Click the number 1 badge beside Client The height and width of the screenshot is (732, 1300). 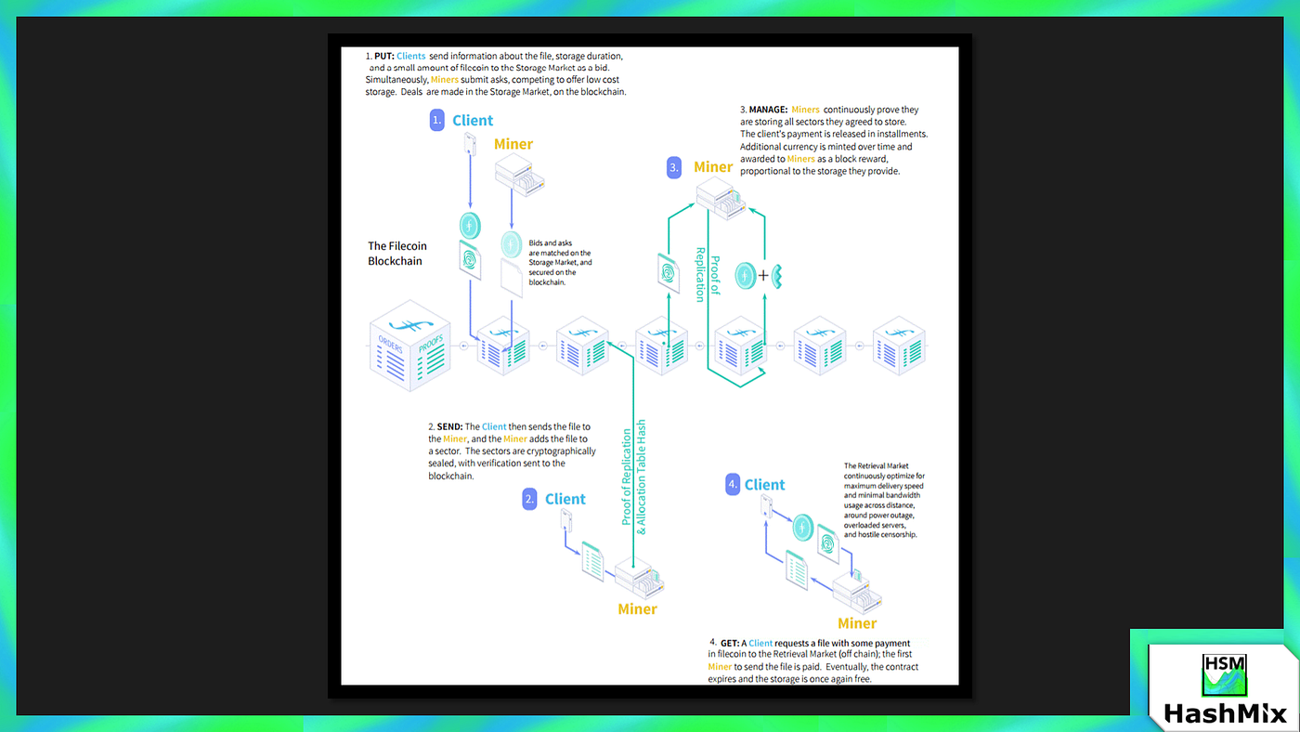coord(437,121)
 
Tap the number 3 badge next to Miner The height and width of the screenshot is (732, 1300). coord(675,167)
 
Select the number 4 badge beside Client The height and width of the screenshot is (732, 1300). coord(734,484)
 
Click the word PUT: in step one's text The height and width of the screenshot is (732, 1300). coord(384,56)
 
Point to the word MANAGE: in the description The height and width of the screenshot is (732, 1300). coord(768,110)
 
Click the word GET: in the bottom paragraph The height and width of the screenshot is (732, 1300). coord(729,643)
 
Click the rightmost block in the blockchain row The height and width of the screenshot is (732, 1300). coord(898,346)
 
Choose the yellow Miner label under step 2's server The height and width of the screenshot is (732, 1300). coord(637,609)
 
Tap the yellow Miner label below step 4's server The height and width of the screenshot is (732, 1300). coord(857,623)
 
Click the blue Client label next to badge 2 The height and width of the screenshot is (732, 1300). coord(565,499)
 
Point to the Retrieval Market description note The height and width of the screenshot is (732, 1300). coord(882,500)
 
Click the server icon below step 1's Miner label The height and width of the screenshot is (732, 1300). coord(519,176)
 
